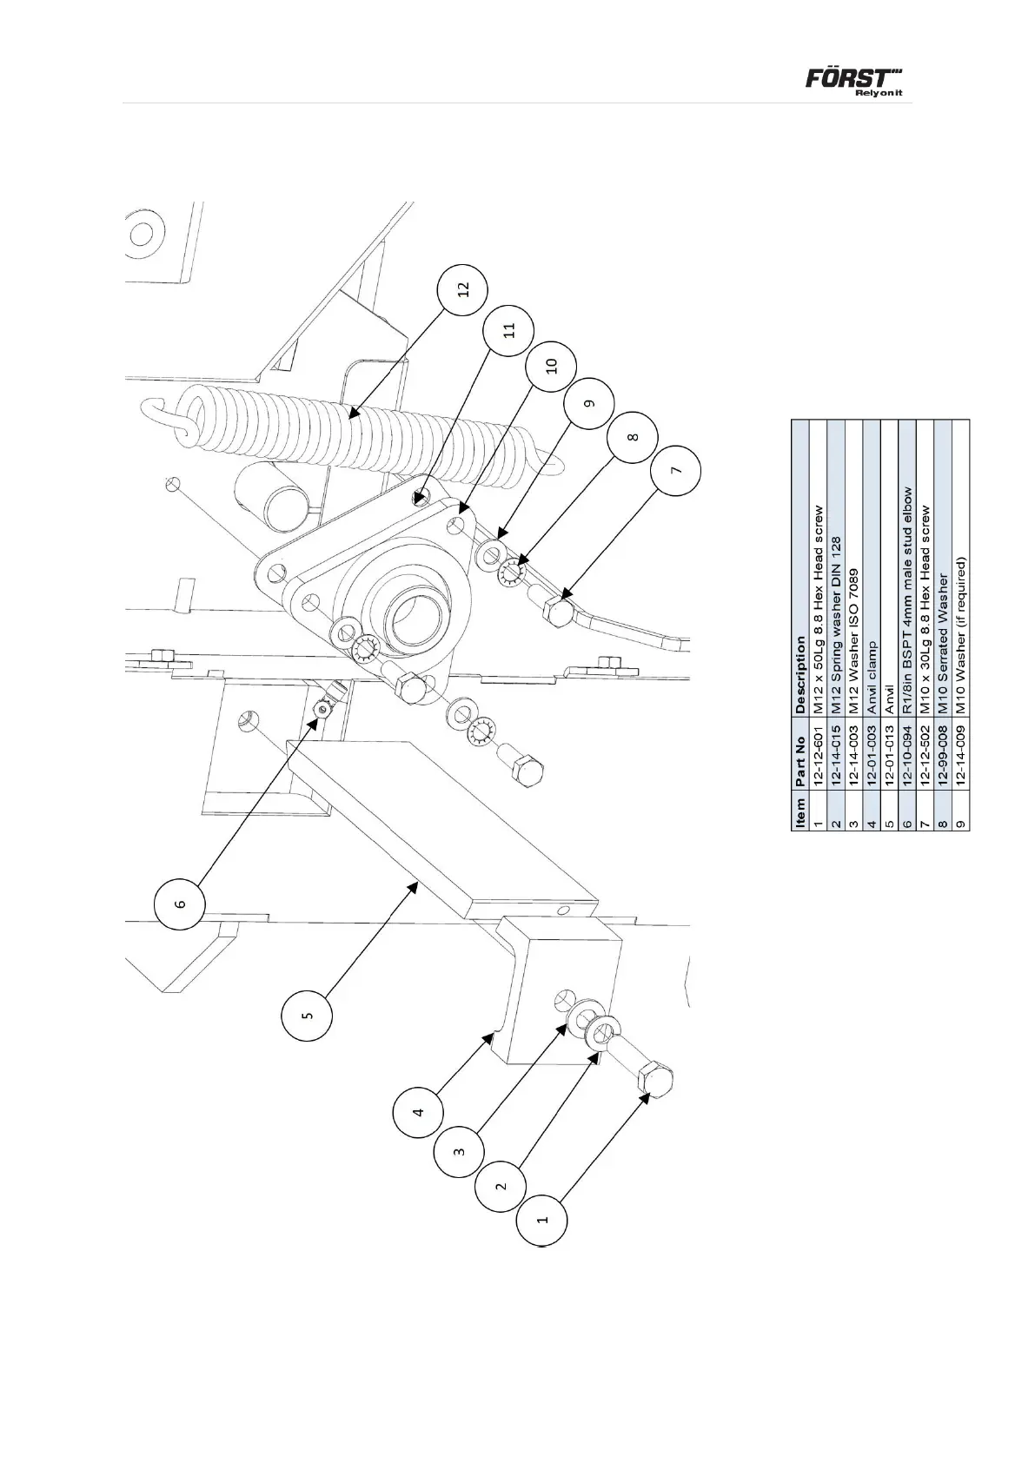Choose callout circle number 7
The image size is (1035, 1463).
pos(676,469)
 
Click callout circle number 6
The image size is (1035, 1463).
pos(180,904)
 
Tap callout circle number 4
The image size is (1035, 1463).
pos(418,1111)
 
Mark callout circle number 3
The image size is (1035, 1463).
pos(459,1151)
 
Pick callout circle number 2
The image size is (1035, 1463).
pos(501,1185)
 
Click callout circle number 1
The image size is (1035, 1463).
pos(542,1220)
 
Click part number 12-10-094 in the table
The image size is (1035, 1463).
pos(906,774)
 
